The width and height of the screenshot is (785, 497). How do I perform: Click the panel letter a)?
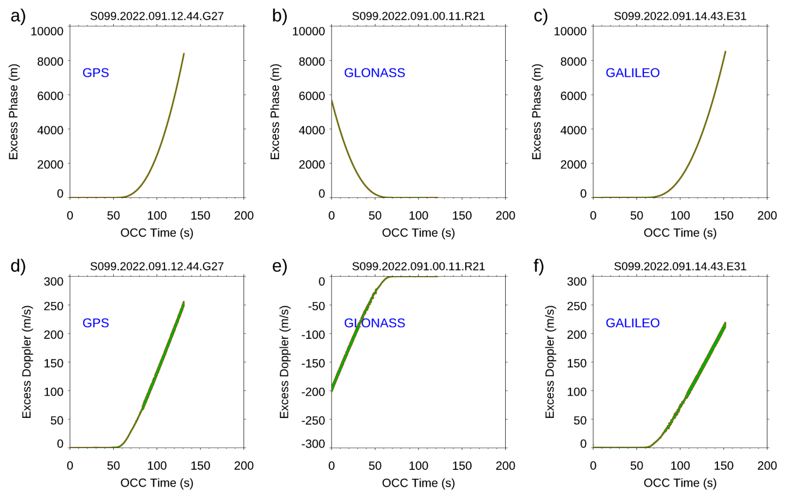click(18, 16)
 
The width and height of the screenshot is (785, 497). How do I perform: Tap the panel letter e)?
click(279, 267)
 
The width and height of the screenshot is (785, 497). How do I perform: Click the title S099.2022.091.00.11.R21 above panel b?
click(418, 16)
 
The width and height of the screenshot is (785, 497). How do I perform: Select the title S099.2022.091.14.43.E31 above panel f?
click(680, 267)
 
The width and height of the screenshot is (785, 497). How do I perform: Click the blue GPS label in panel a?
click(95, 73)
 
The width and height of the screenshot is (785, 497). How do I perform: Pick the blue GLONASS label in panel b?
click(374, 73)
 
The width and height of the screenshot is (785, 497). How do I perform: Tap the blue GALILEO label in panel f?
click(632, 323)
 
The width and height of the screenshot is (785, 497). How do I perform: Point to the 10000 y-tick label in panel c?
click(570, 31)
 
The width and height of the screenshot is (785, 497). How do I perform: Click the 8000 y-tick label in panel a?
click(50, 61)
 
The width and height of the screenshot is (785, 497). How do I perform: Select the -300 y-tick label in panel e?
click(313, 444)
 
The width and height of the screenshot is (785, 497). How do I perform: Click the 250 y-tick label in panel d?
click(53, 306)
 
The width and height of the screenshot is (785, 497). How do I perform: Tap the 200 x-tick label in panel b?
click(505, 215)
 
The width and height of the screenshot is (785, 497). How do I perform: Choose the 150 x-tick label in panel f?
click(723, 466)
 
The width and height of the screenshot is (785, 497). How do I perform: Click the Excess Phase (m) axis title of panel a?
click(13, 112)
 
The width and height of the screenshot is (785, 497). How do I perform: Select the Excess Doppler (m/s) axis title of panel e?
click(284, 362)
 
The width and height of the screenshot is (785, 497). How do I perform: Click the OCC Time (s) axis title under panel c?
click(680, 233)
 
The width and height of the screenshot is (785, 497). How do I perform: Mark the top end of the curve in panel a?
click(184, 54)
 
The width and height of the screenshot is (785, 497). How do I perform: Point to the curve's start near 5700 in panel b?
click(332, 101)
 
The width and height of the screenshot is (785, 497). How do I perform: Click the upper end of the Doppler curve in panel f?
click(725, 323)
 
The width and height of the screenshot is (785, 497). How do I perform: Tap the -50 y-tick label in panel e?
click(316, 306)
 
